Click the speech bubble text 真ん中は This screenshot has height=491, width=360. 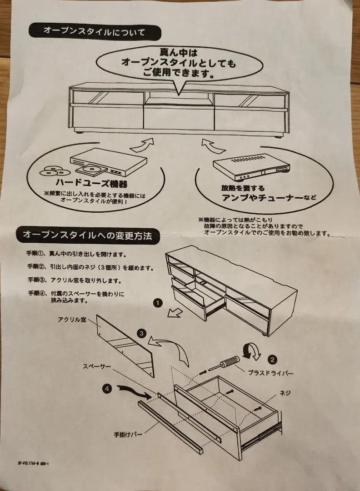[178, 52]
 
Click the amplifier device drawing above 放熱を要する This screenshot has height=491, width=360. [249, 166]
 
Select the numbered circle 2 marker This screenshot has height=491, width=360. [272, 359]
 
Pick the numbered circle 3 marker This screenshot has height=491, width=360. [141, 334]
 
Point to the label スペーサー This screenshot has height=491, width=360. [97, 366]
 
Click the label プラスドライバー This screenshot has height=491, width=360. [270, 373]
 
